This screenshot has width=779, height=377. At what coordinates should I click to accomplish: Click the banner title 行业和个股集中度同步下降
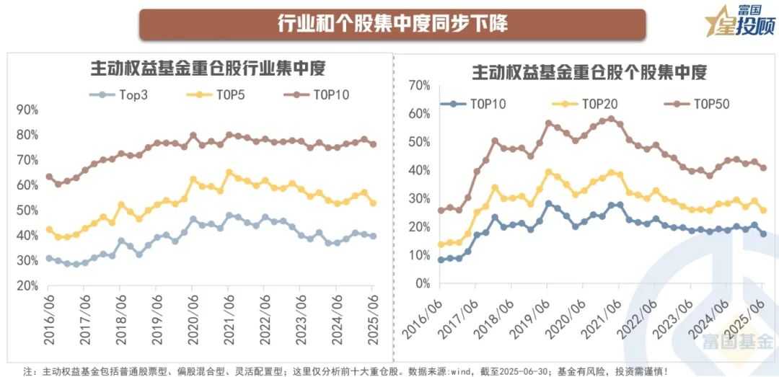(392, 24)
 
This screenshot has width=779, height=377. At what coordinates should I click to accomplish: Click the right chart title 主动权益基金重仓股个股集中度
(589, 72)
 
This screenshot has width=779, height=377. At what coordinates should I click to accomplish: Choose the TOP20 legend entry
(599, 105)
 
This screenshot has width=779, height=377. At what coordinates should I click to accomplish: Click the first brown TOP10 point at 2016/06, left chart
(49, 177)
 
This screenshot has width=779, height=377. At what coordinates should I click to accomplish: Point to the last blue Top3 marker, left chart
(373, 236)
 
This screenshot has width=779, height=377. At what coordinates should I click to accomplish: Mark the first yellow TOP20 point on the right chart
(441, 244)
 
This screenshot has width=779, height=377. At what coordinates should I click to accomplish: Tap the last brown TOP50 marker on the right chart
(764, 168)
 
